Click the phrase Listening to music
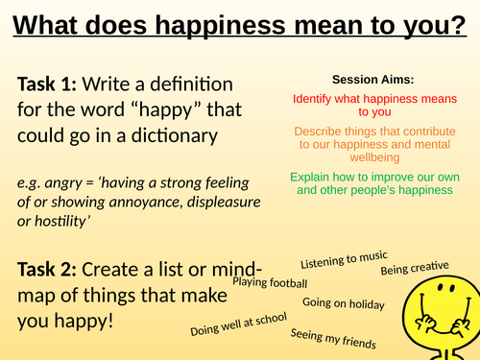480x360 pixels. [344, 259]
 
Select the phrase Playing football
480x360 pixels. [270, 283]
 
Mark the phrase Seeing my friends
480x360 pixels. [333, 338]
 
